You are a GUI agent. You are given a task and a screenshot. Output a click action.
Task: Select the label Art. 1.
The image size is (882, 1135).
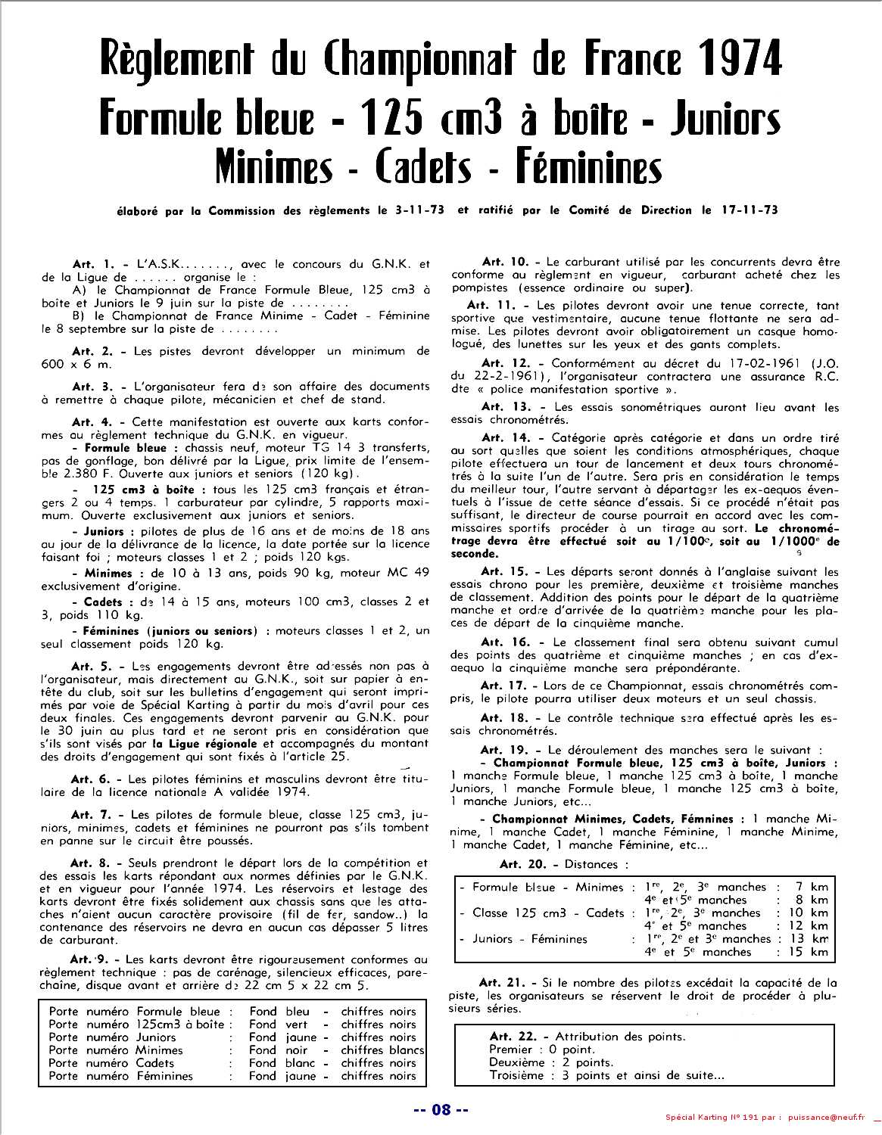pyautogui.click(x=93, y=265)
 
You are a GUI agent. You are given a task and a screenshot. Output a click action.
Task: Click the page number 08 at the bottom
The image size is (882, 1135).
pyautogui.click(x=441, y=1110)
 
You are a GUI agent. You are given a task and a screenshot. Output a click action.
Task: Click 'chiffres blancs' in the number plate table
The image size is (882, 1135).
pyautogui.click(x=382, y=1050)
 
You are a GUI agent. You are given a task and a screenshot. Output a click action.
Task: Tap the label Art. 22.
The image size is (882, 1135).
pyautogui.click(x=511, y=1037)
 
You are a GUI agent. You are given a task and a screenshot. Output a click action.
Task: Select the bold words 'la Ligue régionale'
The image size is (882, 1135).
pyautogui.click(x=201, y=744)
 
